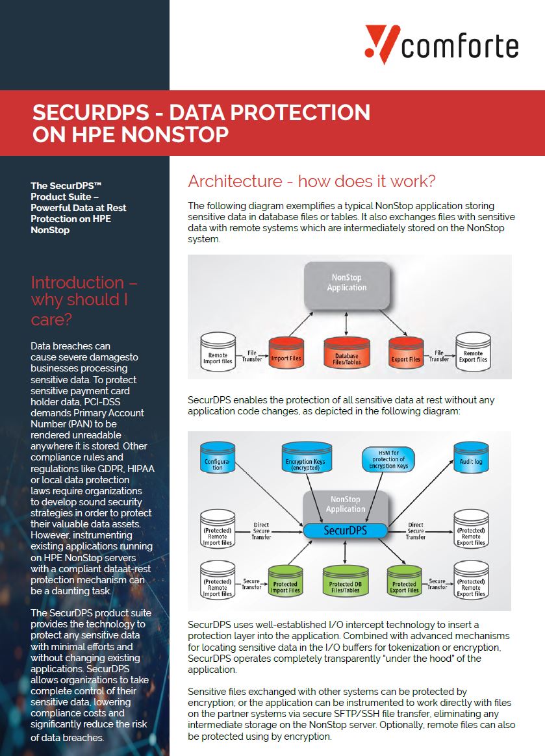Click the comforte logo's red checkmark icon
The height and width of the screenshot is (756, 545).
(x=381, y=44)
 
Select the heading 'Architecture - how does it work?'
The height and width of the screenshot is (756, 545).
(x=312, y=181)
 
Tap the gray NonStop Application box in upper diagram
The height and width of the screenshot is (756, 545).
(x=347, y=285)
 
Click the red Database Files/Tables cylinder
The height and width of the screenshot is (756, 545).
(x=346, y=353)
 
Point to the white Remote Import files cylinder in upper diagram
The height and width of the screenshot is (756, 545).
(x=218, y=353)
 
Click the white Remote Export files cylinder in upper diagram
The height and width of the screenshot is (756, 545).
(x=473, y=353)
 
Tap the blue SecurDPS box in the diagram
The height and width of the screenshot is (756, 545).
(x=346, y=531)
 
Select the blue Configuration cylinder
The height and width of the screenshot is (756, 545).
(x=218, y=458)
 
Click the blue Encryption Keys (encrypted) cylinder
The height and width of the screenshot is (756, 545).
(x=306, y=457)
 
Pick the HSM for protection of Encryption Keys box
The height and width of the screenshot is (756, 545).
(x=388, y=459)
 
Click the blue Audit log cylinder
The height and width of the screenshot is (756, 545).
(x=471, y=457)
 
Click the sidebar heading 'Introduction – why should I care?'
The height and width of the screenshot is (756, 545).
(x=84, y=300)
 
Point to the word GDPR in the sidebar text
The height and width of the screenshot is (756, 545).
(x=108, y=469)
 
